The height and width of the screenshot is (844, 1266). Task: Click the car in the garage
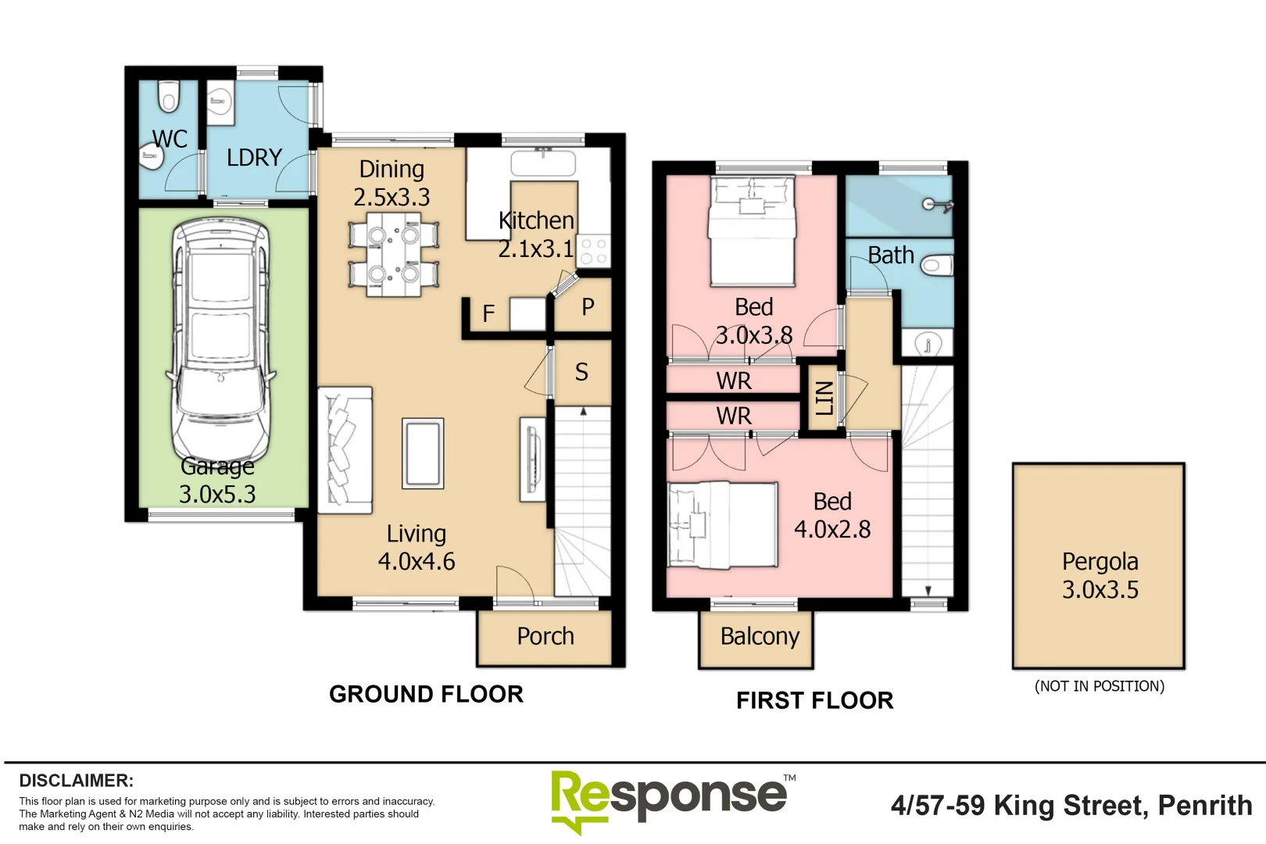[221, 339]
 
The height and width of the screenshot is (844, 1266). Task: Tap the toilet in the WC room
[169, 97]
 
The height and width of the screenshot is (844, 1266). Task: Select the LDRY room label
[254, 157]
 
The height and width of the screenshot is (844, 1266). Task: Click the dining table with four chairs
[394, 254]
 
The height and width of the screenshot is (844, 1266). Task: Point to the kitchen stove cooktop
[593, 250]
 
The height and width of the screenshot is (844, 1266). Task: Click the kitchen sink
[543, 163]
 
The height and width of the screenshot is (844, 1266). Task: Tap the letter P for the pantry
[588, 307]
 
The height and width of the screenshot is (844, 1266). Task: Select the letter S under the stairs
[581, 372]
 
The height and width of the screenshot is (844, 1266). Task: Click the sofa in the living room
[345, 450]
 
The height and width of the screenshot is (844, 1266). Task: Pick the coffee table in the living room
[423, 453]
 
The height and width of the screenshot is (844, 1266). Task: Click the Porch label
[545, 637]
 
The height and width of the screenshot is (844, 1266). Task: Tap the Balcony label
[760, 637]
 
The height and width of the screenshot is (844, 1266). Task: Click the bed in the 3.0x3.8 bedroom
[753, 231]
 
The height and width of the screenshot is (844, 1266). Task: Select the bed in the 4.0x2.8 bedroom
[723, 524]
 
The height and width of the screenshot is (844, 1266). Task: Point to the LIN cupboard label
[824, 398]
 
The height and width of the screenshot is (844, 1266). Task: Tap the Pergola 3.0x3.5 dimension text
[1100, 589]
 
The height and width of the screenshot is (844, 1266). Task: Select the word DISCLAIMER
[77, 781]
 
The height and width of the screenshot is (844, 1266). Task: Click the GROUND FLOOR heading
[426, 694]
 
